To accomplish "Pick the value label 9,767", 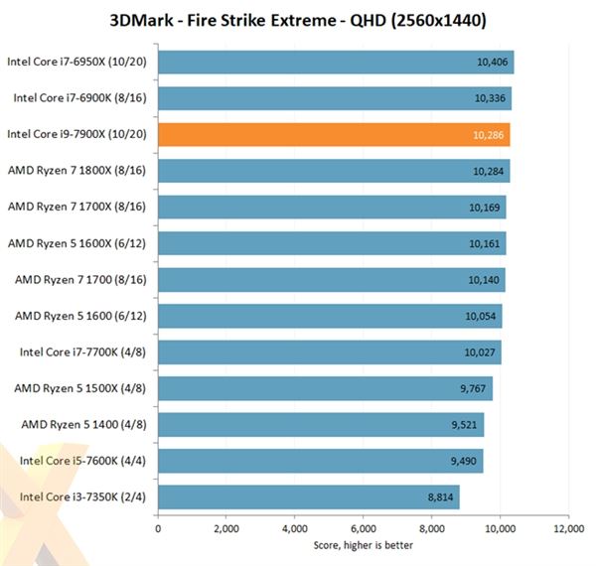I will (x=473, y=388).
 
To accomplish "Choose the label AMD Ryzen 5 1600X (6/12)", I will (x=79, y=243).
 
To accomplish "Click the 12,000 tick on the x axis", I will (x=568, y=530).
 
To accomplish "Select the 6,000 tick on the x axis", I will (x=363, y=530).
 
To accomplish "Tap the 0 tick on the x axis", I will (x=158, y=530).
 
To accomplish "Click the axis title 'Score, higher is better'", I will (x=363, y=545).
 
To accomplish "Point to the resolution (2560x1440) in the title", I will (x=429, y=19).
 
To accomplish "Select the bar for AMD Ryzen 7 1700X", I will (x=332, y=208).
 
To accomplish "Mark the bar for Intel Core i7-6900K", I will (x=334, y=98).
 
